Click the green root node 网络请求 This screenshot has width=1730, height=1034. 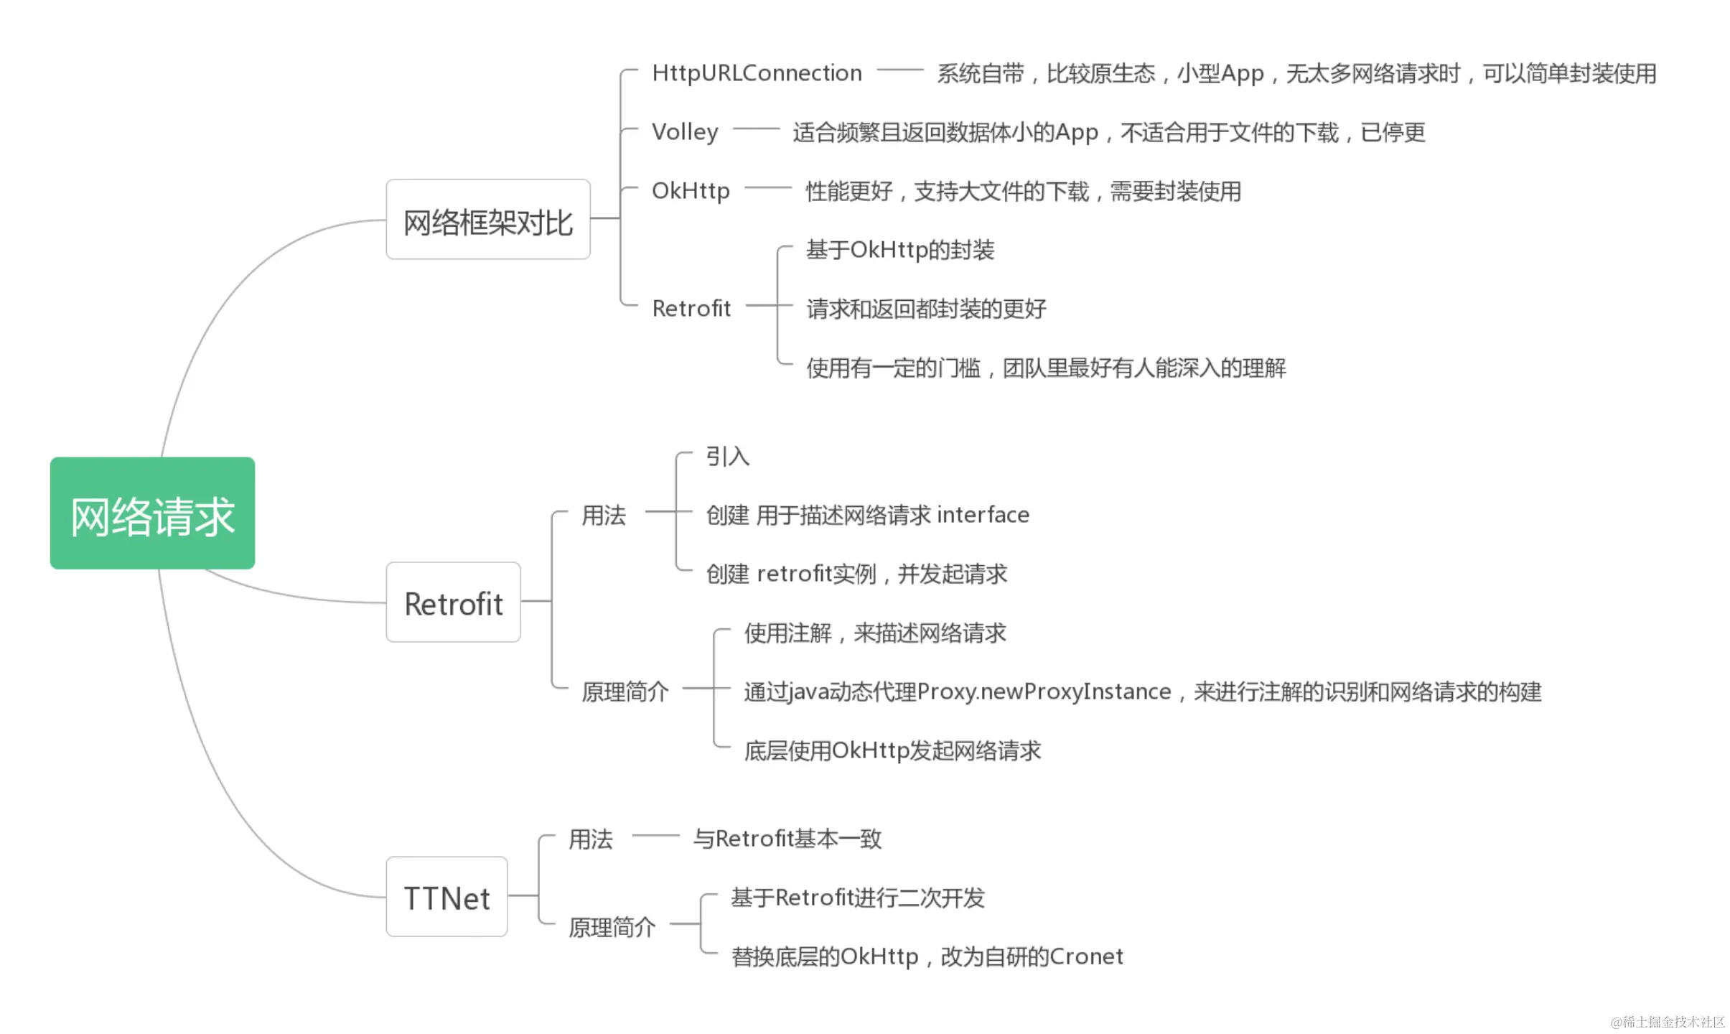pos(152,513)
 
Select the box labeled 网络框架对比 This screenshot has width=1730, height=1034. pos(488,220)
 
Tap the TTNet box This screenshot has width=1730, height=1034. pos(446,897)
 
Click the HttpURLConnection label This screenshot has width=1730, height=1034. pos(757,73)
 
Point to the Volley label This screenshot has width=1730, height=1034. pos(685,132)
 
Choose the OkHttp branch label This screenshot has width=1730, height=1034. pos(691,191)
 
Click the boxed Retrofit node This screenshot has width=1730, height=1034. pos(453,602)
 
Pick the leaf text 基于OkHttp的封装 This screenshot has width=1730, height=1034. pos(899,250)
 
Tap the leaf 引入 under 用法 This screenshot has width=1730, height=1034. pos(727,456)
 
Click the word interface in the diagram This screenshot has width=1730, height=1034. pos(983,515)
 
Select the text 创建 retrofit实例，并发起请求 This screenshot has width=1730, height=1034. pos(856,574)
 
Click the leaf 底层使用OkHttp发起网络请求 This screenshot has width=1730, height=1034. pos(892,750)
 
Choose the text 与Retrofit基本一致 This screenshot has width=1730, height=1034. pos(787,839)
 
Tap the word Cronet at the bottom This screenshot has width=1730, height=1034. pos(1086,956)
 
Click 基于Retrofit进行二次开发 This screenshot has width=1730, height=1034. pos(858,898)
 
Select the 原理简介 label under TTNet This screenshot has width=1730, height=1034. pos(612,927)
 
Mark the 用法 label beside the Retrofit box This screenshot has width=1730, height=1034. pos(603,515)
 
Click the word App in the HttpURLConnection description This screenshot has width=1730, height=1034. pos(1242,73)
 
